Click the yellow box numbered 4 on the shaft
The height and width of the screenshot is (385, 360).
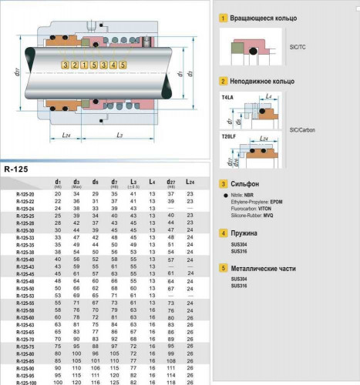pos(113,64)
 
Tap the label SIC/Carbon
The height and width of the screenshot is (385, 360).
pos(300,130)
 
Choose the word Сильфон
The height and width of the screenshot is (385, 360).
pos(244,184)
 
